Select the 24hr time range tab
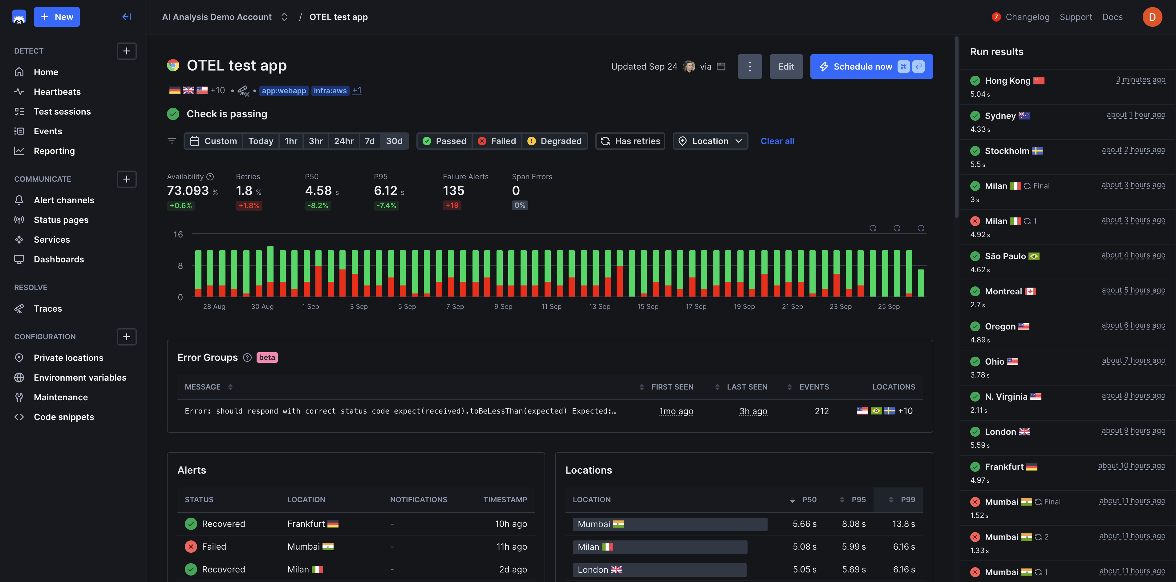coord(343,141)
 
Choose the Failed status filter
coord(497,141)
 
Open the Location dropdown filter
coord(710,141)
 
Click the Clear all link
coord(777,141)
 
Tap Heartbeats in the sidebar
coord(57,92)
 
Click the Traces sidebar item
coord(47,309)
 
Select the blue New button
coord(57,17)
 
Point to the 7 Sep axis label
coord(455,307)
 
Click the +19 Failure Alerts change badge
coord(452,205)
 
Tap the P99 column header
coord(907,499)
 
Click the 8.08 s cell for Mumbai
coord(853,524)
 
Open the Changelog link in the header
coord(1027,17)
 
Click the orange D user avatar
coord(1152,17)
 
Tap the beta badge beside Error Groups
coord(267,358)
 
